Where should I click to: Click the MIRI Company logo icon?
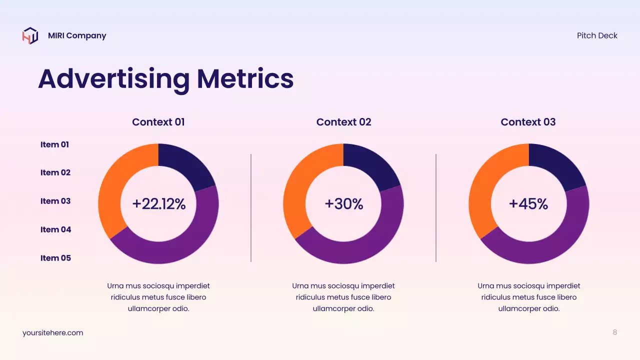coord(30,35)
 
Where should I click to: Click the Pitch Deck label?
coord(597,35)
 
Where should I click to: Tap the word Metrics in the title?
coord(244,78)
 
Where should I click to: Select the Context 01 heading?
coord(158,122)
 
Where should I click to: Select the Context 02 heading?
coord(343,122)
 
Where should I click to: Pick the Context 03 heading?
coord(528,122)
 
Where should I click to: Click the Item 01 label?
coord(54,144)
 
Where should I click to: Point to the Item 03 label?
coord(55,201)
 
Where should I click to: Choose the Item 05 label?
coord(55,258)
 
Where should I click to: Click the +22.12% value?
coord(158,204)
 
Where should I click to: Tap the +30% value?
coord(343,204)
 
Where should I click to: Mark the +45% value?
coord(528,204)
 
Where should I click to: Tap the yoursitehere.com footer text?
coord(52,333)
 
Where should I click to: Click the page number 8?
coord(614,332)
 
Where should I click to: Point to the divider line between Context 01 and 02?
coord(251,207)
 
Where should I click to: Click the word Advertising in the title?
coord(114,78)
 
